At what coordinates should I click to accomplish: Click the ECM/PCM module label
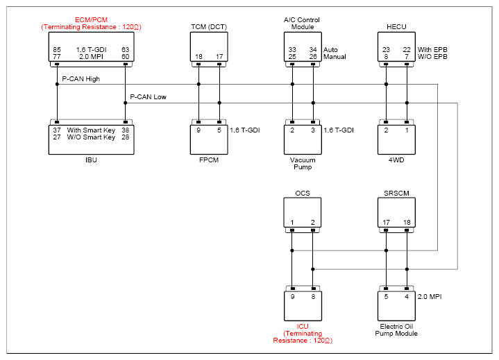pyautogui.click(x=91, y=19)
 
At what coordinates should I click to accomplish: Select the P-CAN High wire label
pyautogui.click(x=81, y=79)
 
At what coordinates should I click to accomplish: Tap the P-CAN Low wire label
pyautogui.click(x=148, y=97)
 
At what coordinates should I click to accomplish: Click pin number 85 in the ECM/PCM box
pyautogui.click(x=57, y=50)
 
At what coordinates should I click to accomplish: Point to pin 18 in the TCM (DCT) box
pyautogui.click(x=198, y=57)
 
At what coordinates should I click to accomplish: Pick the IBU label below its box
pyautogui.click(x=91, y=160)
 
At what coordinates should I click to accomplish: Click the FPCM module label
pyautogui.click(x=209, y=160)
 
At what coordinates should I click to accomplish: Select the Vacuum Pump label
pyautogui.click(x=303, y=164)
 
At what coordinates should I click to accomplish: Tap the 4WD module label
pyautogui.click(x=396, y=160)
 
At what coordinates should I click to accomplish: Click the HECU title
pyautogui.click(x=396, y=27)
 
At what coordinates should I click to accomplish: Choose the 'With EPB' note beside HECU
pyautogui.click(x=432, y=50)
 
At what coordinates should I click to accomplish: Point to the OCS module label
pyautogui.click(x=303, y=194)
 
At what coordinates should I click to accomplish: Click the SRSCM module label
pyautogui.click(x=396, y=194)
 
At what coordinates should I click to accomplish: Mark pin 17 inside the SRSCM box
pyautogui.click(x=386, y=223)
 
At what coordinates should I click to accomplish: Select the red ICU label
pyautogui.click(x=303, y=327)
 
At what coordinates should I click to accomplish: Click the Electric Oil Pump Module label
pyautogui.click(x=396, y=330)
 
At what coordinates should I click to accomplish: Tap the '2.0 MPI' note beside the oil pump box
pyautogui.click(x=430, y=297)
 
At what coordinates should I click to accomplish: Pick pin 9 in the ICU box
pyautogui.click(x=292, y=297)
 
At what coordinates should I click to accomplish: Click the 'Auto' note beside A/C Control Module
pyautogui.click(x=330, y=50)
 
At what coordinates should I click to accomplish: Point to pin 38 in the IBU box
pyautogui.click(x=126, y=130)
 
